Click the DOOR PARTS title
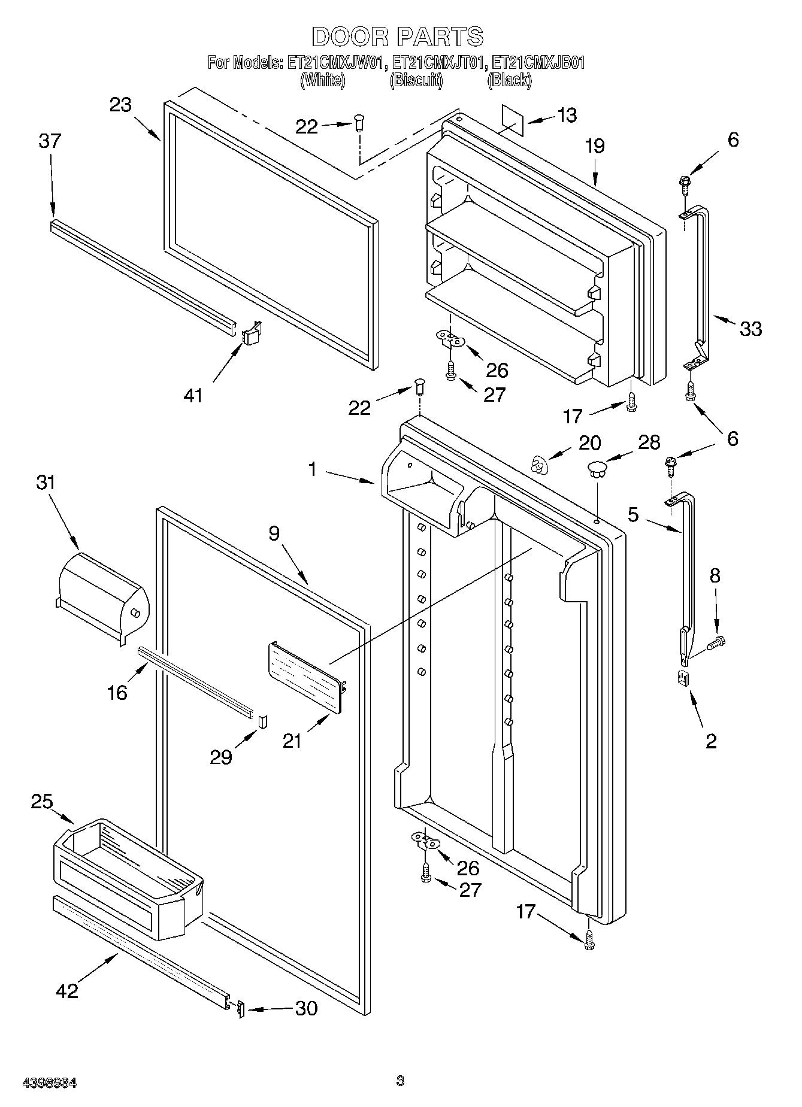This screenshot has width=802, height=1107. [x=397, y=37]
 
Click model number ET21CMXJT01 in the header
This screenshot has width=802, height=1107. [x=437, y=62]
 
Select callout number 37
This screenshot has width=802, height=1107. [x=50, y=141]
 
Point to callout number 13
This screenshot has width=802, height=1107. [x=566, y=115]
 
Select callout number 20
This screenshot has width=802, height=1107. [x=589, y=442]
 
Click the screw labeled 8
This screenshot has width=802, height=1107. [x=716, y=643]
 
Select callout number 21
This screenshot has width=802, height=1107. [x=292, y=741]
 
